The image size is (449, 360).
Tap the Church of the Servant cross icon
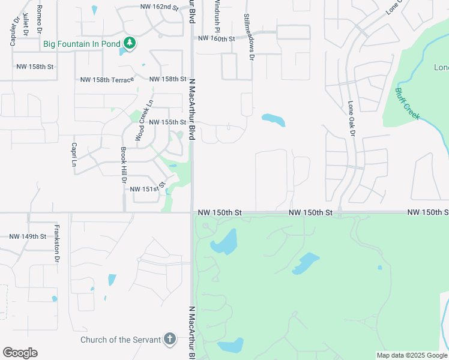tap(170, 340)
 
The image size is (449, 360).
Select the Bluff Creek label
tap(407, 104)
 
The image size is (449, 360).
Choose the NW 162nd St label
tap(159, 7)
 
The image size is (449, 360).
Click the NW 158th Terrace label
tap(107, 80)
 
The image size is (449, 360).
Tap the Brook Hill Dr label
tap(124, 165)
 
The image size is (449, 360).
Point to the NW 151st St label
tap(147, 189)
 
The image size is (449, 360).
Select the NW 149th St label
tap(28, 236)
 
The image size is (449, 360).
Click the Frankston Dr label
tap(56, 244)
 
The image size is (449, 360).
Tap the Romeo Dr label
tap(39, 19)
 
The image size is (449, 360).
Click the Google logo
tap(20, 353)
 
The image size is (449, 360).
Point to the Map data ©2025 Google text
tap(412, 355)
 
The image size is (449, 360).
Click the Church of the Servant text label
tap(121, 340)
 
